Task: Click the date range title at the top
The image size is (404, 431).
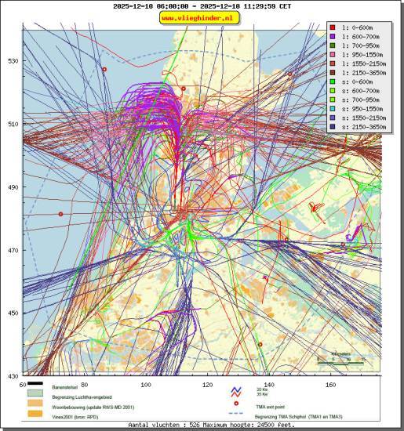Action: pyautogui.click(x=202, y=5)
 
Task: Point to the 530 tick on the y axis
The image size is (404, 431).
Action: pyautogui.click(x=12, y=60)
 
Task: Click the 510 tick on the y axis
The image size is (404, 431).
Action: pyautogui.click(x=12, y=124)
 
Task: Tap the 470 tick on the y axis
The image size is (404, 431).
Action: pyautogui.click(x=12, y=250)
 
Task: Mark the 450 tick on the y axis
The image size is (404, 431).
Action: pyautogui.click(x=12, y=313)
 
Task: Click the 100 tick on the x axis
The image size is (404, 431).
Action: pyautogui.click(x=146, y=385)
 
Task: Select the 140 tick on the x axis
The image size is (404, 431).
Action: pyautogui.click(x=269, y=385)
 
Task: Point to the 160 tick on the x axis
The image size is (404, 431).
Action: pyautogui.click(x=330, y=385)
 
